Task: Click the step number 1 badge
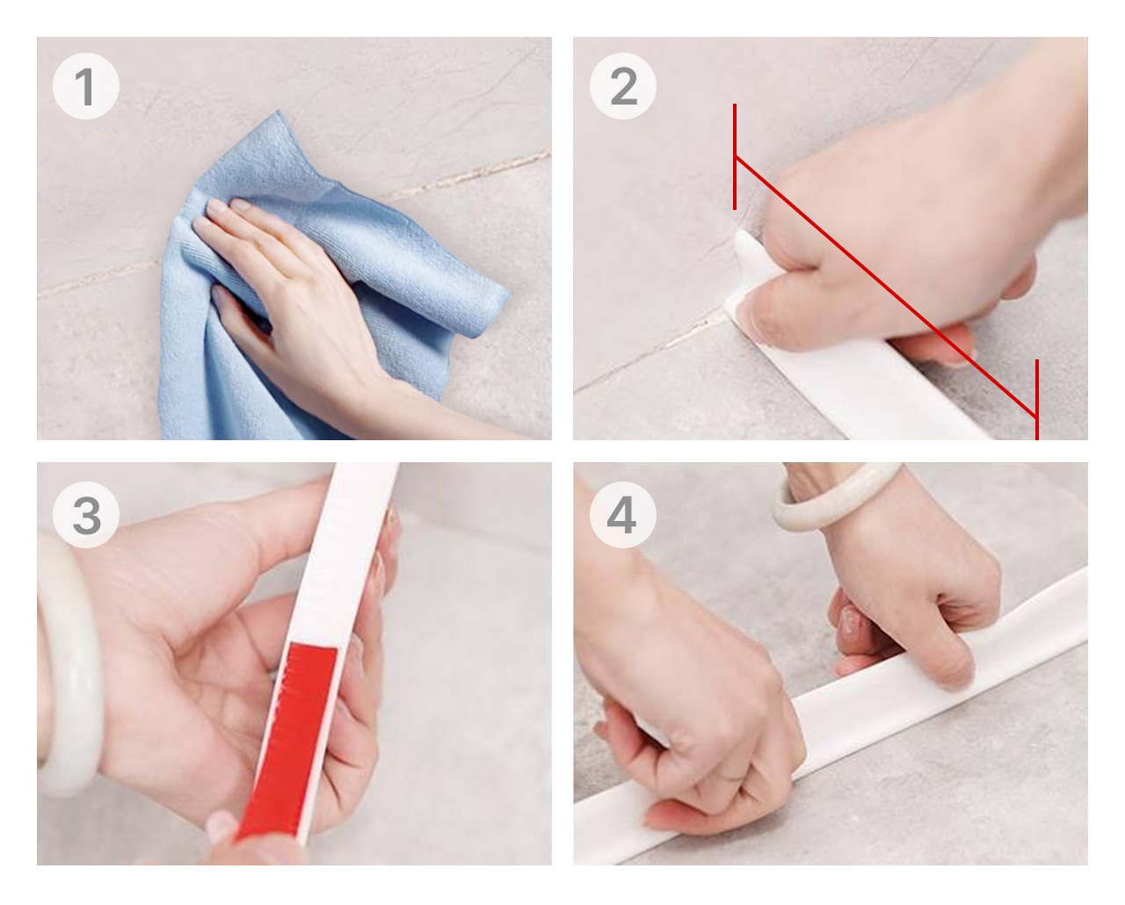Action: (x=86, y=86)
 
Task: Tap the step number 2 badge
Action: (x=622, y=86)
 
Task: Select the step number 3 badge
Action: (x=86, y=515)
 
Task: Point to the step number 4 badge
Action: (x=622, y=515)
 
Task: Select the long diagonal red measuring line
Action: (x=886, y=286)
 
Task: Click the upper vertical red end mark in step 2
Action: (x=735, y=157)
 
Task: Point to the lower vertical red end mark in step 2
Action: (x=1037, y=400)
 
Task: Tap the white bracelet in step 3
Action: (x=70, y=664)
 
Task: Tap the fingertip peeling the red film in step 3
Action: (x=222, y=827)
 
